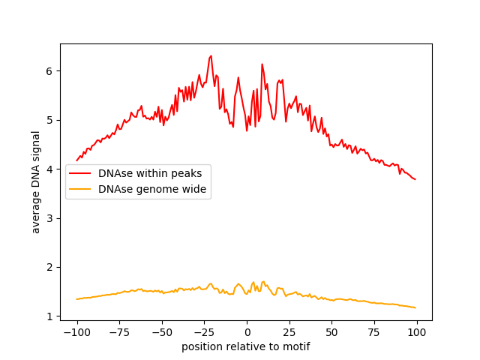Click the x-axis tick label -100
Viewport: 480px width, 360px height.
tap(76, 332)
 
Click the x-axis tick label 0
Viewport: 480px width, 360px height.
tap(247, 332)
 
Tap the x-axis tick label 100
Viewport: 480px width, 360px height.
tap(417, 332)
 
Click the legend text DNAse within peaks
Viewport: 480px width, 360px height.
tap(149, 173)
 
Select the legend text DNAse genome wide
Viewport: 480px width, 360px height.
tap(152, 189)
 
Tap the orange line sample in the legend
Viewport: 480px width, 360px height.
tap(80, 189)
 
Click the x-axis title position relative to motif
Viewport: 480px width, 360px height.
tap(246, 346)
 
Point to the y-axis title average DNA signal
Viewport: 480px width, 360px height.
tap(36, 181)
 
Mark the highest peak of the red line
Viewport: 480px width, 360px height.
tap(211, 55)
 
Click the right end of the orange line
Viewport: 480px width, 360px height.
tap(415, 307)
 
